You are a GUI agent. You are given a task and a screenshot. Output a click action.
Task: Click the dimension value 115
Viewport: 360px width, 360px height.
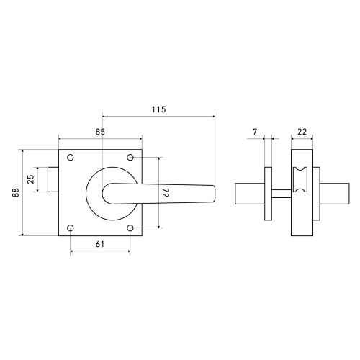(x=158, y=109)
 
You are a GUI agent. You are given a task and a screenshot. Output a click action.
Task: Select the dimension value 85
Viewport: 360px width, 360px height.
(x=100, y=132)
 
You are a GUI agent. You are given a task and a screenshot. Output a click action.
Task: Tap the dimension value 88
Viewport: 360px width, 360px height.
(x=16, y=192)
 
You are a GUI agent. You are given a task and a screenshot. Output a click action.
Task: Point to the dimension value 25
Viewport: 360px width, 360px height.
(x=31, y=179)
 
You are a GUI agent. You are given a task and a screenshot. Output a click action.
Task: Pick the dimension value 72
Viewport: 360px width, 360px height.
(x=166, y=192)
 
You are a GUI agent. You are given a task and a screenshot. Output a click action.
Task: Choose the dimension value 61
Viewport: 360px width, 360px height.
(x=100, y=244)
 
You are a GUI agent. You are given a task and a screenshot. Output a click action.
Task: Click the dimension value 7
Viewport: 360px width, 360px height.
(x=255, y=132)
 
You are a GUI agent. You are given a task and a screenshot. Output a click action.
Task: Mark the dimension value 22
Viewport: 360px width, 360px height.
(x=302, y=132)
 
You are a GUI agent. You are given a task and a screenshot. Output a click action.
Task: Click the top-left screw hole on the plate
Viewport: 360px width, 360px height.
(x=71, y=158)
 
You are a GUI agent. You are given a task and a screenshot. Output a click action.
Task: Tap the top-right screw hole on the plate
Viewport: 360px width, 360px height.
(x=130, y=158)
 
